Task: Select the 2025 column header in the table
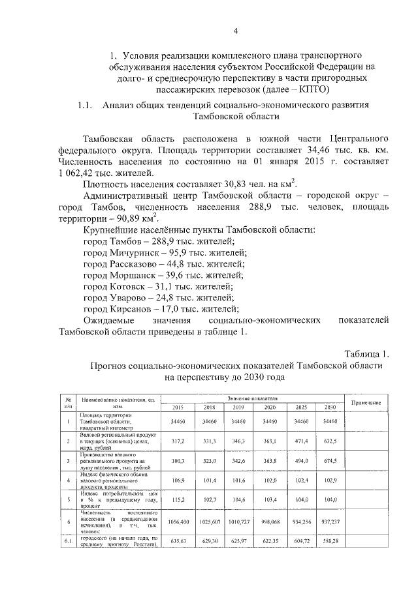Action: [x=301, y=407]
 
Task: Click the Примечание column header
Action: [x=366, y=402]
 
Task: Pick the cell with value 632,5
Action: [x=330, y=441]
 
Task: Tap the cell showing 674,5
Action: [x=330, y=461]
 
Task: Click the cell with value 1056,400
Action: [x=178, y=522]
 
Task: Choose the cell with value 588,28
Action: [x=330, y=541]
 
